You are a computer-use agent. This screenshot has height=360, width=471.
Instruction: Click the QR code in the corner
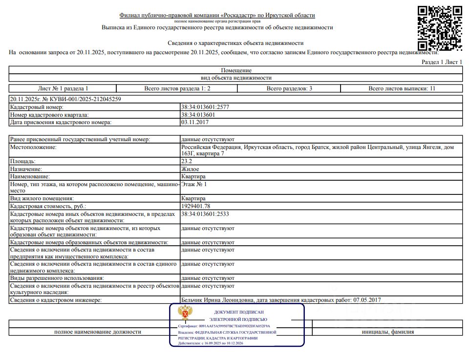click(x=440, y=28)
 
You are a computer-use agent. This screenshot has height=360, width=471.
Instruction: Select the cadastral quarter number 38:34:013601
click(x=198, y=115)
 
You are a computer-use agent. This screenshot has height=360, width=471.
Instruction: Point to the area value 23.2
click(x=186, y=161)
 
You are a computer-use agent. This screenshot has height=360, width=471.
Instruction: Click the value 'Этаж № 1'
click(x=194, y=184)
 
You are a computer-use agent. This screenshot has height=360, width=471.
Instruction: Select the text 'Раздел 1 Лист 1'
click(x=442, y=63)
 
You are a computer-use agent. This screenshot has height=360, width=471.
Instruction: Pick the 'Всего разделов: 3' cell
click(x=289, y=88)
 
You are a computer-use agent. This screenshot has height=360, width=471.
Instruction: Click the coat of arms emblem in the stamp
click(x=185, y=313)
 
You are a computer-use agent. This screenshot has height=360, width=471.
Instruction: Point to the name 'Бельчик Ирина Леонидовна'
click(x=217, y=300)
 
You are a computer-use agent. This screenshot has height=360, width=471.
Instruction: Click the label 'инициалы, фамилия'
click(x=388, y=332)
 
